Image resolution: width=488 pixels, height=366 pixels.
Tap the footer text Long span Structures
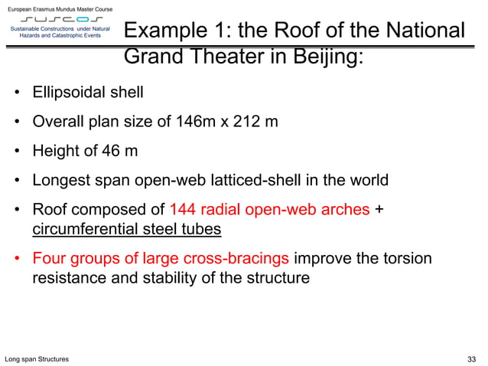pos(36,358)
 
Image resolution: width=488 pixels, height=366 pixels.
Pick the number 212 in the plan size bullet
pos(243,122)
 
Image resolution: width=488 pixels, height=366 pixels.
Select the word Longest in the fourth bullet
pos(60,181)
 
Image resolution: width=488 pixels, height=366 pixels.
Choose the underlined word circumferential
pos(80,229)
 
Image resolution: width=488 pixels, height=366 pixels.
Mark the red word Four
pos(48,258)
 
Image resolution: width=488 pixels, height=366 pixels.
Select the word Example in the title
pos(169,31)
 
